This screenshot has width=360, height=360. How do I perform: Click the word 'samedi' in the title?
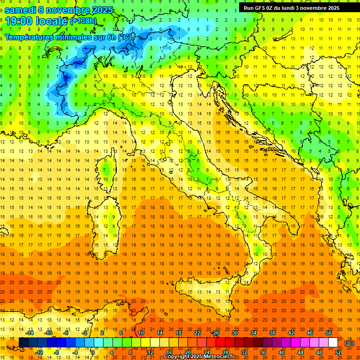point(22,9)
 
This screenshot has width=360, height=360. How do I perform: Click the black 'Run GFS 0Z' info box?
point(295,7)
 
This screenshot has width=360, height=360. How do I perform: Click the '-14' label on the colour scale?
point(30,333)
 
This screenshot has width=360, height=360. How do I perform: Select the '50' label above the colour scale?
point(328,333)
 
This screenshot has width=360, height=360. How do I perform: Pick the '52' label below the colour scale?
point(338,352)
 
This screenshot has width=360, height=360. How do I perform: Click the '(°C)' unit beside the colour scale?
point(349,343)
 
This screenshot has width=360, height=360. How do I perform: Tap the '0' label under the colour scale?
point(92,352)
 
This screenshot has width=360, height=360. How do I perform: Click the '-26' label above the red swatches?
point(215,333)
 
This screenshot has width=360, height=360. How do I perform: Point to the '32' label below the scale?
point(244,352)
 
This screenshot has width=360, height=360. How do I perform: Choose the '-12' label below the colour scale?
point(39,352)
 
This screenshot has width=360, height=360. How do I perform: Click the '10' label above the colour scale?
point(141,333)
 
